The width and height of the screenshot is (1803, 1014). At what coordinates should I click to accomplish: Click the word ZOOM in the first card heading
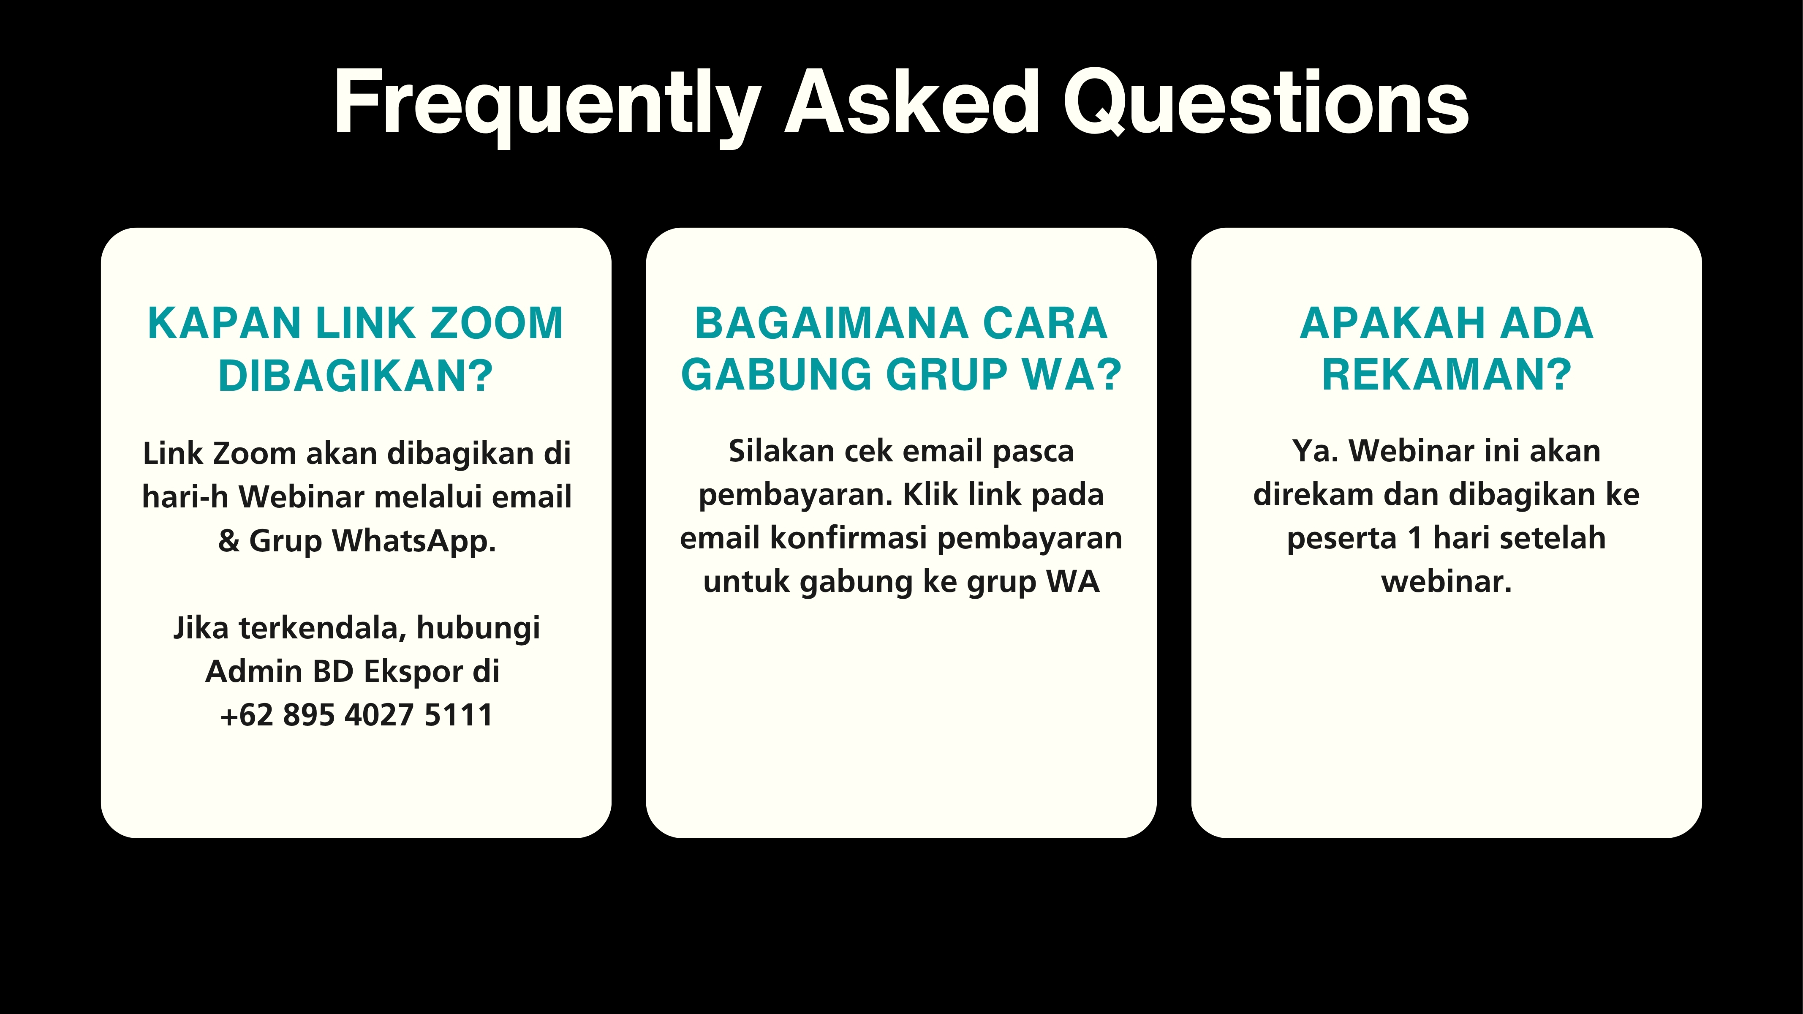pos(496,324)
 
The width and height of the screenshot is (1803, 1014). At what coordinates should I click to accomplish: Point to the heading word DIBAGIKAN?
pos(356,375)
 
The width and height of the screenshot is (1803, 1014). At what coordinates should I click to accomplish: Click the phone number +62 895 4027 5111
pos(356,715)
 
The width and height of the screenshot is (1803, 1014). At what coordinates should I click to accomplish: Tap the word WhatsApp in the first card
pos(413,541)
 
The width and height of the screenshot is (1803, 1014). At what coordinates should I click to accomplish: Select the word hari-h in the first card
pos(185,496)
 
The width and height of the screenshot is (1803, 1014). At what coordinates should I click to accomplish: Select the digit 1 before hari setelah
pos(1414,538)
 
